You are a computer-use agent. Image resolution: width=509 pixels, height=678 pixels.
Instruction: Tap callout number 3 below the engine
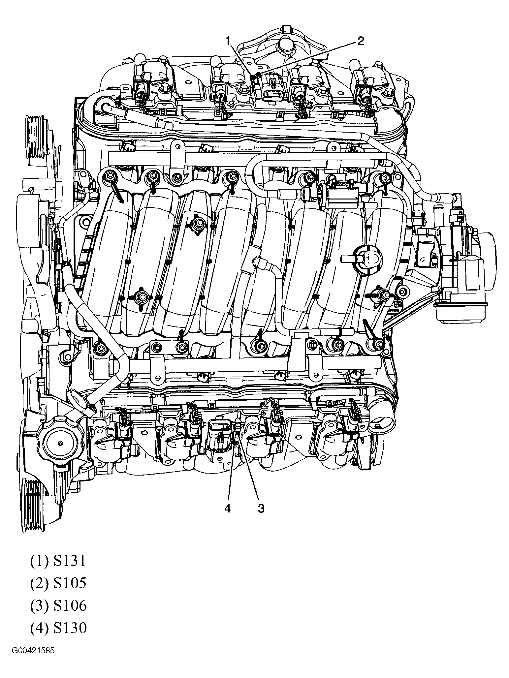click(x=261, y=508)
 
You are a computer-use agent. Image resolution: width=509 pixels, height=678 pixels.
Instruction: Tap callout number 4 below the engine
click(x=227, y=508)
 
